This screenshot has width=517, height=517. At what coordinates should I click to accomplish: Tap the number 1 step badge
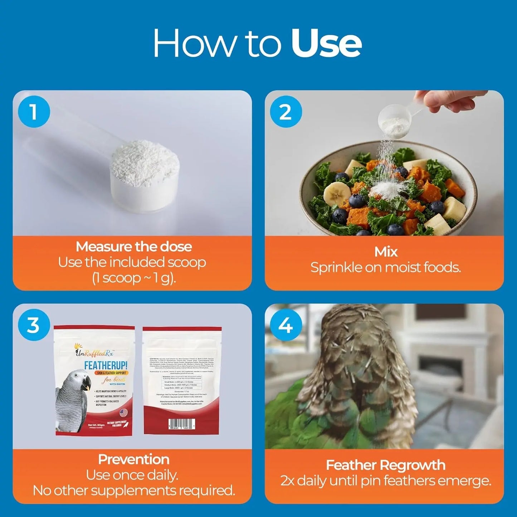coord(34,112)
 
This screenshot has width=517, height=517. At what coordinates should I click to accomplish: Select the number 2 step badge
coord(286,112)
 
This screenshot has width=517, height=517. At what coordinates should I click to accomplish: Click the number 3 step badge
coord(34,325)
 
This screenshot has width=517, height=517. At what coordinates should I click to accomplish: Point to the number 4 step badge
coord(286,325)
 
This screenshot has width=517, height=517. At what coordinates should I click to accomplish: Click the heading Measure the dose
coord(133,247)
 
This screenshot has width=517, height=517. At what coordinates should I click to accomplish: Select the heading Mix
coord(386,252)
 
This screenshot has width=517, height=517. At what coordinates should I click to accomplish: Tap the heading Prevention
coord(133,459)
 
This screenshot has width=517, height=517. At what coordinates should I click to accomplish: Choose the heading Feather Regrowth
coord(385,465)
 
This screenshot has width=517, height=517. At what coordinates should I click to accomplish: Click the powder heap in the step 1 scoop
coord(145,163)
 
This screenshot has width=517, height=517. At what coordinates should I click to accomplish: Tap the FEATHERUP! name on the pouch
coord(106,365)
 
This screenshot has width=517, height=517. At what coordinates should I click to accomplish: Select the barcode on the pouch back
coord(182,424)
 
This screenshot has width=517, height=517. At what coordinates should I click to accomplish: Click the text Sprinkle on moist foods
coord(385,267)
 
